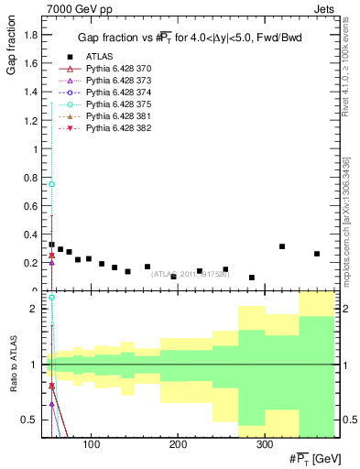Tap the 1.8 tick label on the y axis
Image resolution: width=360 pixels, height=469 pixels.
(x=31, y=36)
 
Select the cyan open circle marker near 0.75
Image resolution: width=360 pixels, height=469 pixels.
(x=52, y=184)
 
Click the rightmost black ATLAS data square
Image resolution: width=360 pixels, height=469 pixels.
(x=317, y=254)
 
